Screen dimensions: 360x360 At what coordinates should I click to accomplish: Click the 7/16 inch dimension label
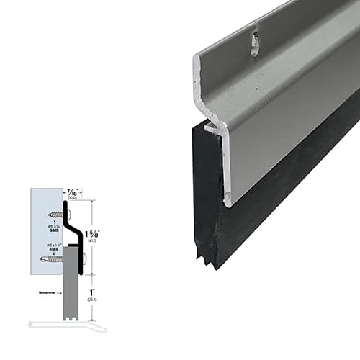(x=72, y=193)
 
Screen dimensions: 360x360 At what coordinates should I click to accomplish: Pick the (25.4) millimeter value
(x=91, y=300)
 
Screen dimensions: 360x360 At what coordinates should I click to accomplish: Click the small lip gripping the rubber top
(x=210, y=128)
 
